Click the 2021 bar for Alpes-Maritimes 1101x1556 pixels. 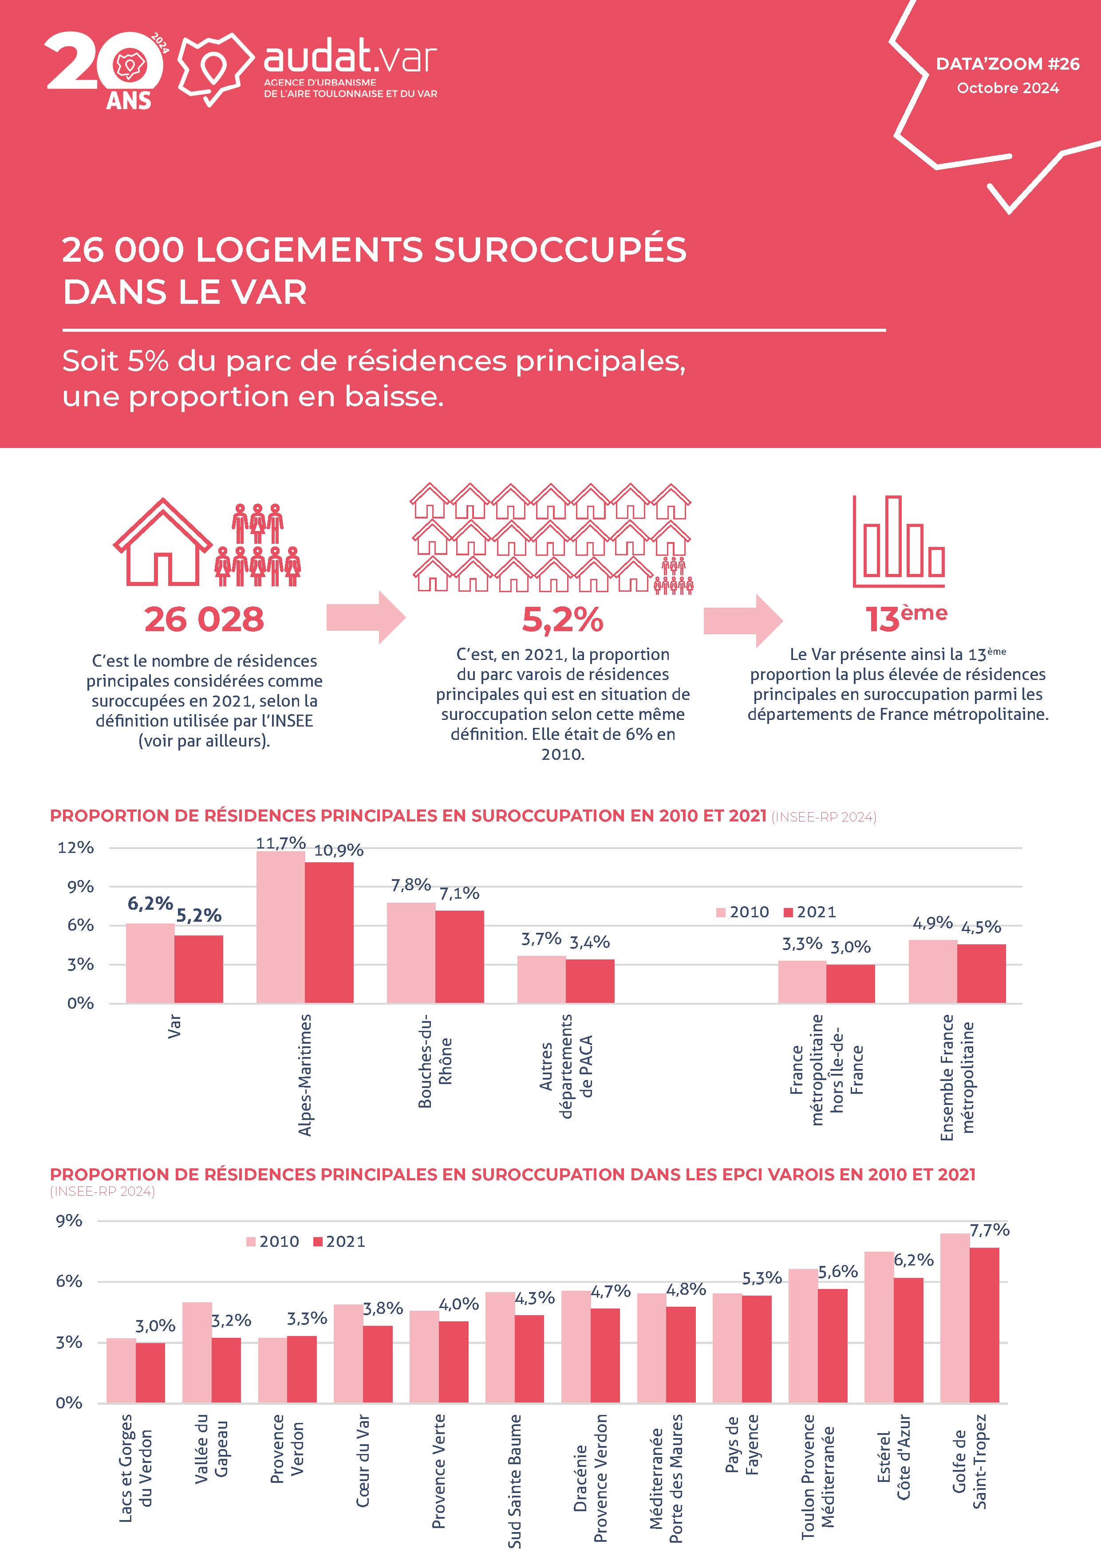point(329,932)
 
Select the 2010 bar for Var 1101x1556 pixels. point(150,963)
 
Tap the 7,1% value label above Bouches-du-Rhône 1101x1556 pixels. point(459,893)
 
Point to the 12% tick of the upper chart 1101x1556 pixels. point(75,847)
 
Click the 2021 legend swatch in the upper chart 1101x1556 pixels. point(788,912)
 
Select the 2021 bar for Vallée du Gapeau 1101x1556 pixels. point(226,1370)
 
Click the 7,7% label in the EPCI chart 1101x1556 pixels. point(989,1230)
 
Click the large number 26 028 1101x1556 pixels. point(204,619)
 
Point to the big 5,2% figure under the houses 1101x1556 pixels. point(563,619)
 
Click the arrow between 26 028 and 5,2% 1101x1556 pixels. point(366,617)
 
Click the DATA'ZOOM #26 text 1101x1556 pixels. point(1007,64)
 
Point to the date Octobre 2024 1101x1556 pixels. point(1007,88)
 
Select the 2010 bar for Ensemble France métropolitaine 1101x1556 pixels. point(933,971)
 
